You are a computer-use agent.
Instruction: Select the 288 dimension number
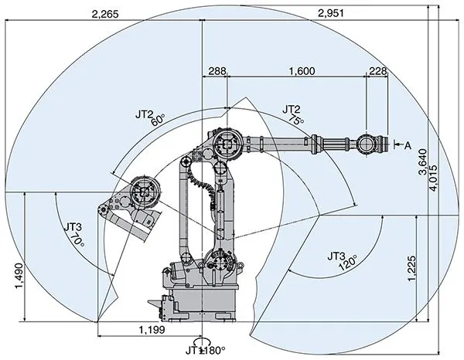[x=217, y=71]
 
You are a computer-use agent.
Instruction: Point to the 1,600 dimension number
[x=301, y=71]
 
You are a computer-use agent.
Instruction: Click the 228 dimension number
[x=377, y=71]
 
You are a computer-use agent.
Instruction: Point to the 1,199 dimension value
[x=148, y=330]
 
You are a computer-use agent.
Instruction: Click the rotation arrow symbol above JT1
[x=203, y=341]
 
